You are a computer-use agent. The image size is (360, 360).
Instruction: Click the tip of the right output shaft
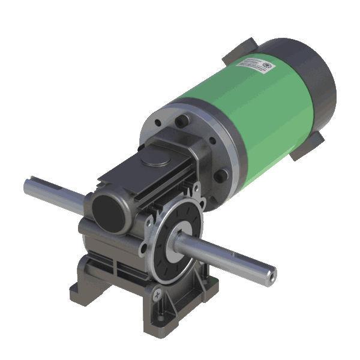coord(271,274)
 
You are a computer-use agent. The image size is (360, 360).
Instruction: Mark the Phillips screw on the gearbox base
coord(158,294)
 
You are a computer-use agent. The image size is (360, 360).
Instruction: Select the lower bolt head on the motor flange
coord(221,175)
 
